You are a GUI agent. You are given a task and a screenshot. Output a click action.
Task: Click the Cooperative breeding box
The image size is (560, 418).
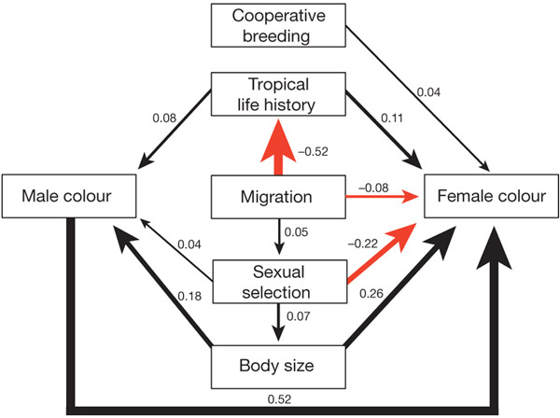click(x=280, y=26)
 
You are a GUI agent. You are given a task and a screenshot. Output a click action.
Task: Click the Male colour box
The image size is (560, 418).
click(x=70, y=197)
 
